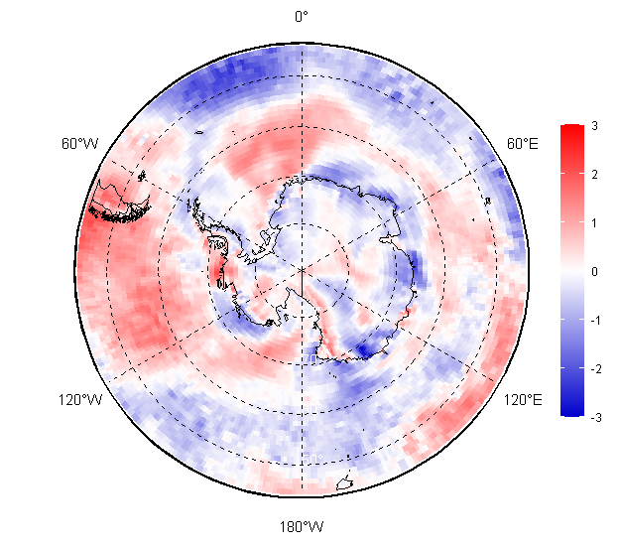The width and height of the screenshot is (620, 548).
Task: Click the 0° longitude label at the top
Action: point(302,17)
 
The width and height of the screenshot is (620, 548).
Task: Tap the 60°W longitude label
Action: point(79,144)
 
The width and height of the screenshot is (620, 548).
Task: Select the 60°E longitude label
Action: point(523,144)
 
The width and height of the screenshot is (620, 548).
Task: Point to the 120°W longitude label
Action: point(80,400)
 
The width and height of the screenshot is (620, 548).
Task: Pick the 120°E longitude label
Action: point(523,400)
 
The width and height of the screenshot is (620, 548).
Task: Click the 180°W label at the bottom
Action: point(302,527)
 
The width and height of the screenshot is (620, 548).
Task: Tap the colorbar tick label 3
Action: point(594,126)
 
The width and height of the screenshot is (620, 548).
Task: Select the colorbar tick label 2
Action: point(594,175)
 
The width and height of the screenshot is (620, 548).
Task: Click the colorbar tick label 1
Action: point(594,223)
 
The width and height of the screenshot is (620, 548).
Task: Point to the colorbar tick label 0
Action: point(594,272)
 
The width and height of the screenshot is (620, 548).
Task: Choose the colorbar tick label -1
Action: point(596,321)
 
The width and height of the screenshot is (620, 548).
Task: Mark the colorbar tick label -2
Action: point(596,369)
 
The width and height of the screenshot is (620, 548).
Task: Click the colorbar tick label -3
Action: point(596,418)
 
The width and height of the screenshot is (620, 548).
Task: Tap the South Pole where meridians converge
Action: point(303,270)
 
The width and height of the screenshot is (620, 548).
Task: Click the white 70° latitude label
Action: point(310,359)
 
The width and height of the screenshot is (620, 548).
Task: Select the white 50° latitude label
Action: point(312,459)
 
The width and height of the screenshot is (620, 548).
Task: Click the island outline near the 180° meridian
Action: point(345,483)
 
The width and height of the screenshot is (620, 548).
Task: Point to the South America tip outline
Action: point(120,202)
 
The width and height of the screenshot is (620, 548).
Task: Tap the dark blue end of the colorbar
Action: point(571,411)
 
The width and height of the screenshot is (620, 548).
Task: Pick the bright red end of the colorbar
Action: point(571,130)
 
